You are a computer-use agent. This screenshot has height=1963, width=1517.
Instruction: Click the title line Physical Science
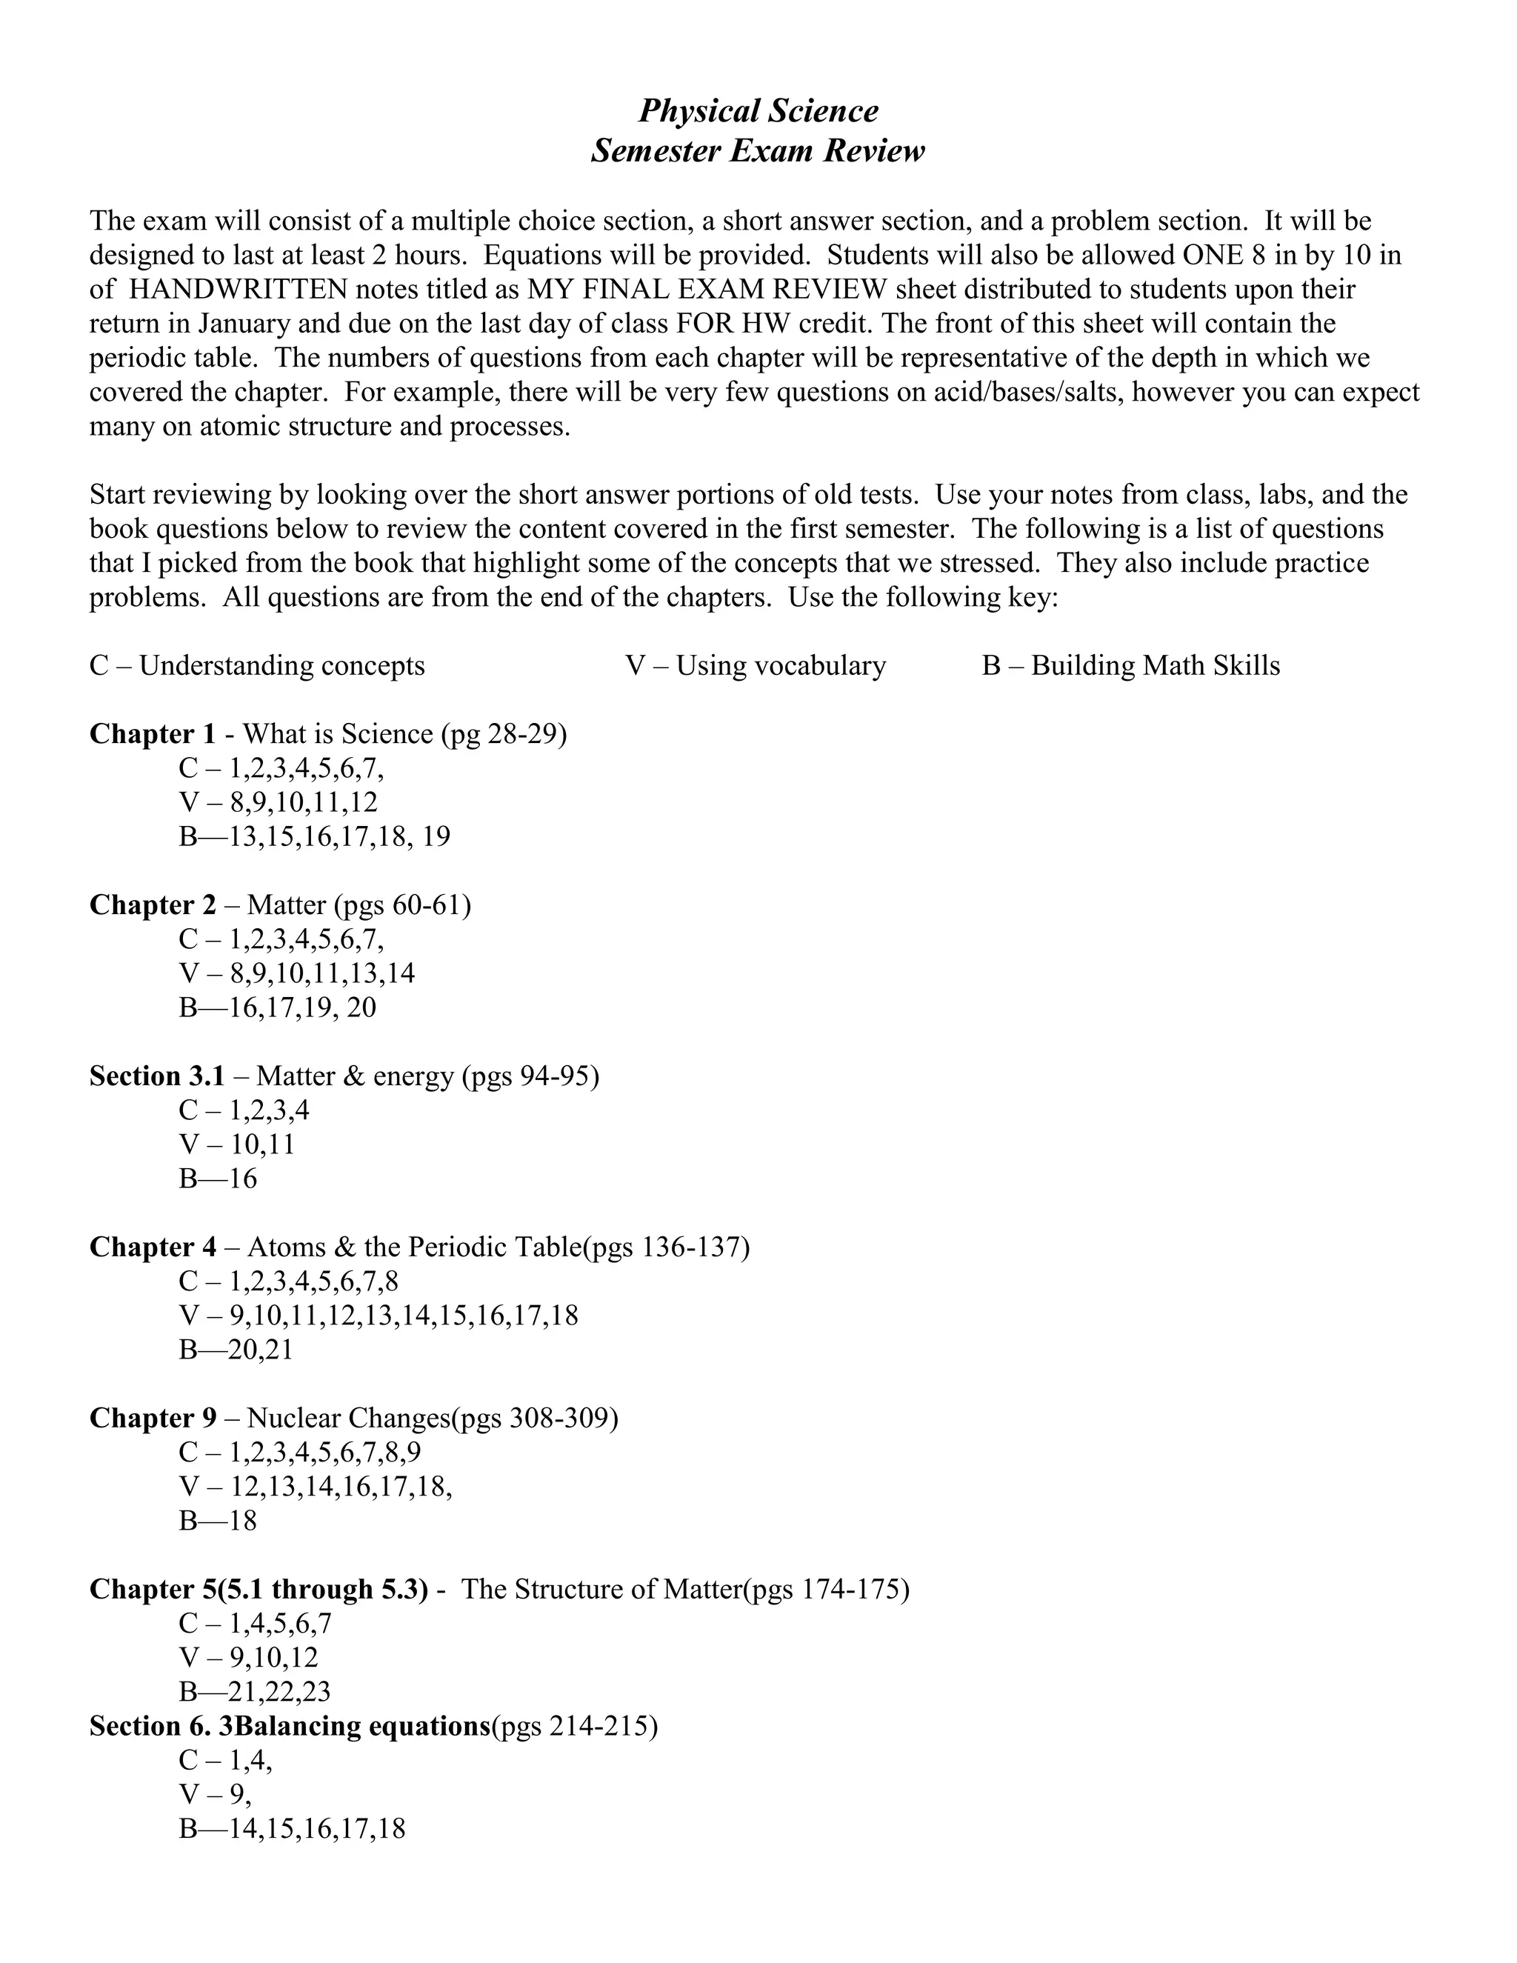click(x=758, y=110)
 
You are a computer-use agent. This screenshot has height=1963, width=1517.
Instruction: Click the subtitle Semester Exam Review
click(x=758, y=150)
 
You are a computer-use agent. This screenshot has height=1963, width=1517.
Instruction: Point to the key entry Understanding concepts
click(x=281, y=666)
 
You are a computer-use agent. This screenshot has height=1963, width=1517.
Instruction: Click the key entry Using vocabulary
click(x=780, y=666)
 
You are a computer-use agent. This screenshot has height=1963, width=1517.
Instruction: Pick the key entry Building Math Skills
click(x=1155, y=666)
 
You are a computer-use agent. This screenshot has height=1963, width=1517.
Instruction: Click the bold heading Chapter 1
click(x=153, y=734)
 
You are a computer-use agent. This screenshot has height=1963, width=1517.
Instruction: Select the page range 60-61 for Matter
click(x=427, y=905)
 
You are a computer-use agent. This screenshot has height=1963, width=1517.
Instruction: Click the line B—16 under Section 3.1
click(x=219, y=1179)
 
